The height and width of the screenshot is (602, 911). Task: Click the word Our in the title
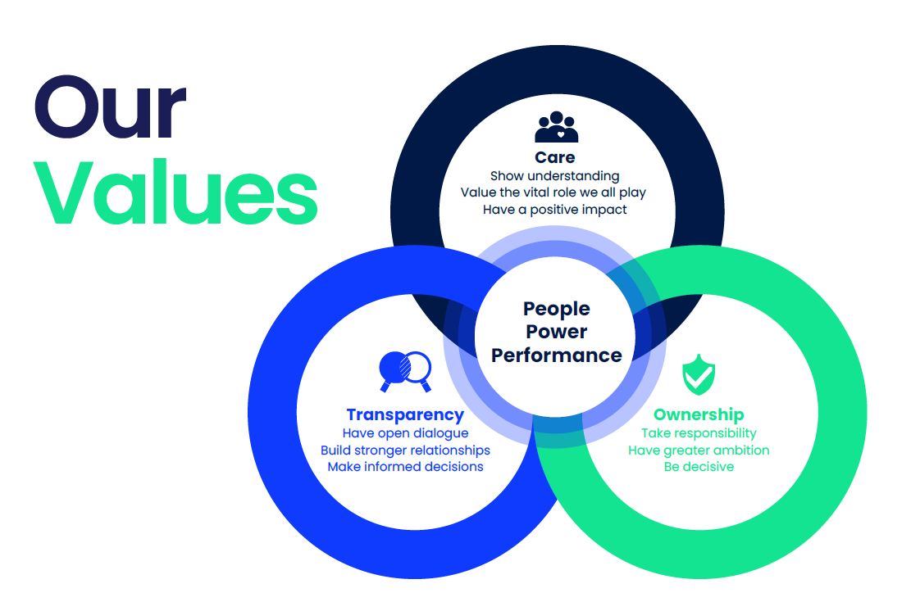click(x=111, y=107)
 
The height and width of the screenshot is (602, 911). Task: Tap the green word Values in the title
click(x=176, y=192)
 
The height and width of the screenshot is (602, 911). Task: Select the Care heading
click(x=555, y=157)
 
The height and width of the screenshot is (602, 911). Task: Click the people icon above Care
click(x=557, y=127)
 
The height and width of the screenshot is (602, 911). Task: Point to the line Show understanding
click(x=555, y=176)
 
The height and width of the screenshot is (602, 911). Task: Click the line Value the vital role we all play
click(x=553, y=192)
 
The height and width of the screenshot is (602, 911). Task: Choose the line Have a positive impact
click(x=555, y=210)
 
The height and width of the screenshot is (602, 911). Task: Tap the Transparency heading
click(x=406, y=414)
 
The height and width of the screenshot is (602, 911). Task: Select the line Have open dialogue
click(x=406, y=433)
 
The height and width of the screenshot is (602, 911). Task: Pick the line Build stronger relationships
click(x=406, y=450)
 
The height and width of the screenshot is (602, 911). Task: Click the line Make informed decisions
click(x=406, y=467)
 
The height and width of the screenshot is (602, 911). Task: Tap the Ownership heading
click(x=699, y=414)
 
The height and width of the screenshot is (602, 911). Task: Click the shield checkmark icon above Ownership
click(x=699, y=375)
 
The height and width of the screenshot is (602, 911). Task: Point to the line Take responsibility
click(x=699, y=433)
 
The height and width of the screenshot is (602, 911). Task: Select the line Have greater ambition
click(x=699, y=450)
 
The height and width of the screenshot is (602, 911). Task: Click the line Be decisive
click(x=699, y=467)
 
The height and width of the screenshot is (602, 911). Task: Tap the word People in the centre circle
click(x=557, y=310)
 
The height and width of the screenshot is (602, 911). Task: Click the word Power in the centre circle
click(x=557, y=332)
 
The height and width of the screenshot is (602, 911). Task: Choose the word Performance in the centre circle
click(x=557, y=355)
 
